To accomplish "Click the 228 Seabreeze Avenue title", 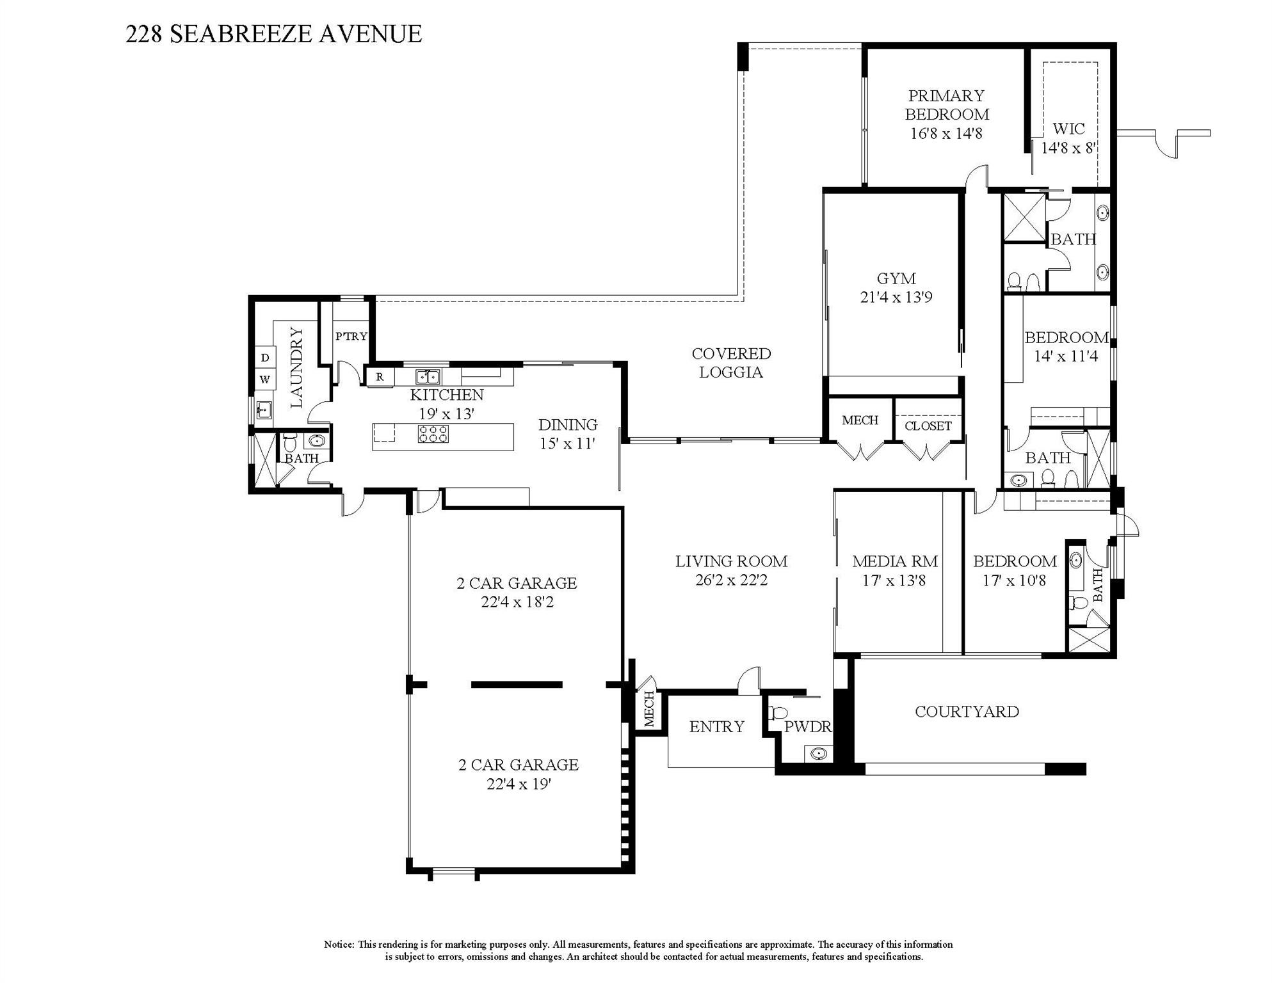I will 273,34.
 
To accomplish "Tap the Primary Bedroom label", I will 946,106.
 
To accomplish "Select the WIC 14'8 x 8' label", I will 1068,138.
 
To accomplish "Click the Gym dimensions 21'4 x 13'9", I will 896,297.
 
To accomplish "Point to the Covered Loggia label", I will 731,363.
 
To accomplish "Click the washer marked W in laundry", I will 265,380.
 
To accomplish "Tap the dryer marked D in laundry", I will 265,358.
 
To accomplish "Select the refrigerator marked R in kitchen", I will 380,377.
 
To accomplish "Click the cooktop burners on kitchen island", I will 433,434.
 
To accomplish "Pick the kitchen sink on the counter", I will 428,376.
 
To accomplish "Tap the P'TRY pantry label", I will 351,336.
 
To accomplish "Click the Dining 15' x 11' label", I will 568,434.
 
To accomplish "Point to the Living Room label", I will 731,562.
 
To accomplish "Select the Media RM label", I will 895,562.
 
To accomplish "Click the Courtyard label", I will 967,712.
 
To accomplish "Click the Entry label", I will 716,726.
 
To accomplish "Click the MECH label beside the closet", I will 860,420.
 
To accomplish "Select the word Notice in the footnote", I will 339,945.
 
